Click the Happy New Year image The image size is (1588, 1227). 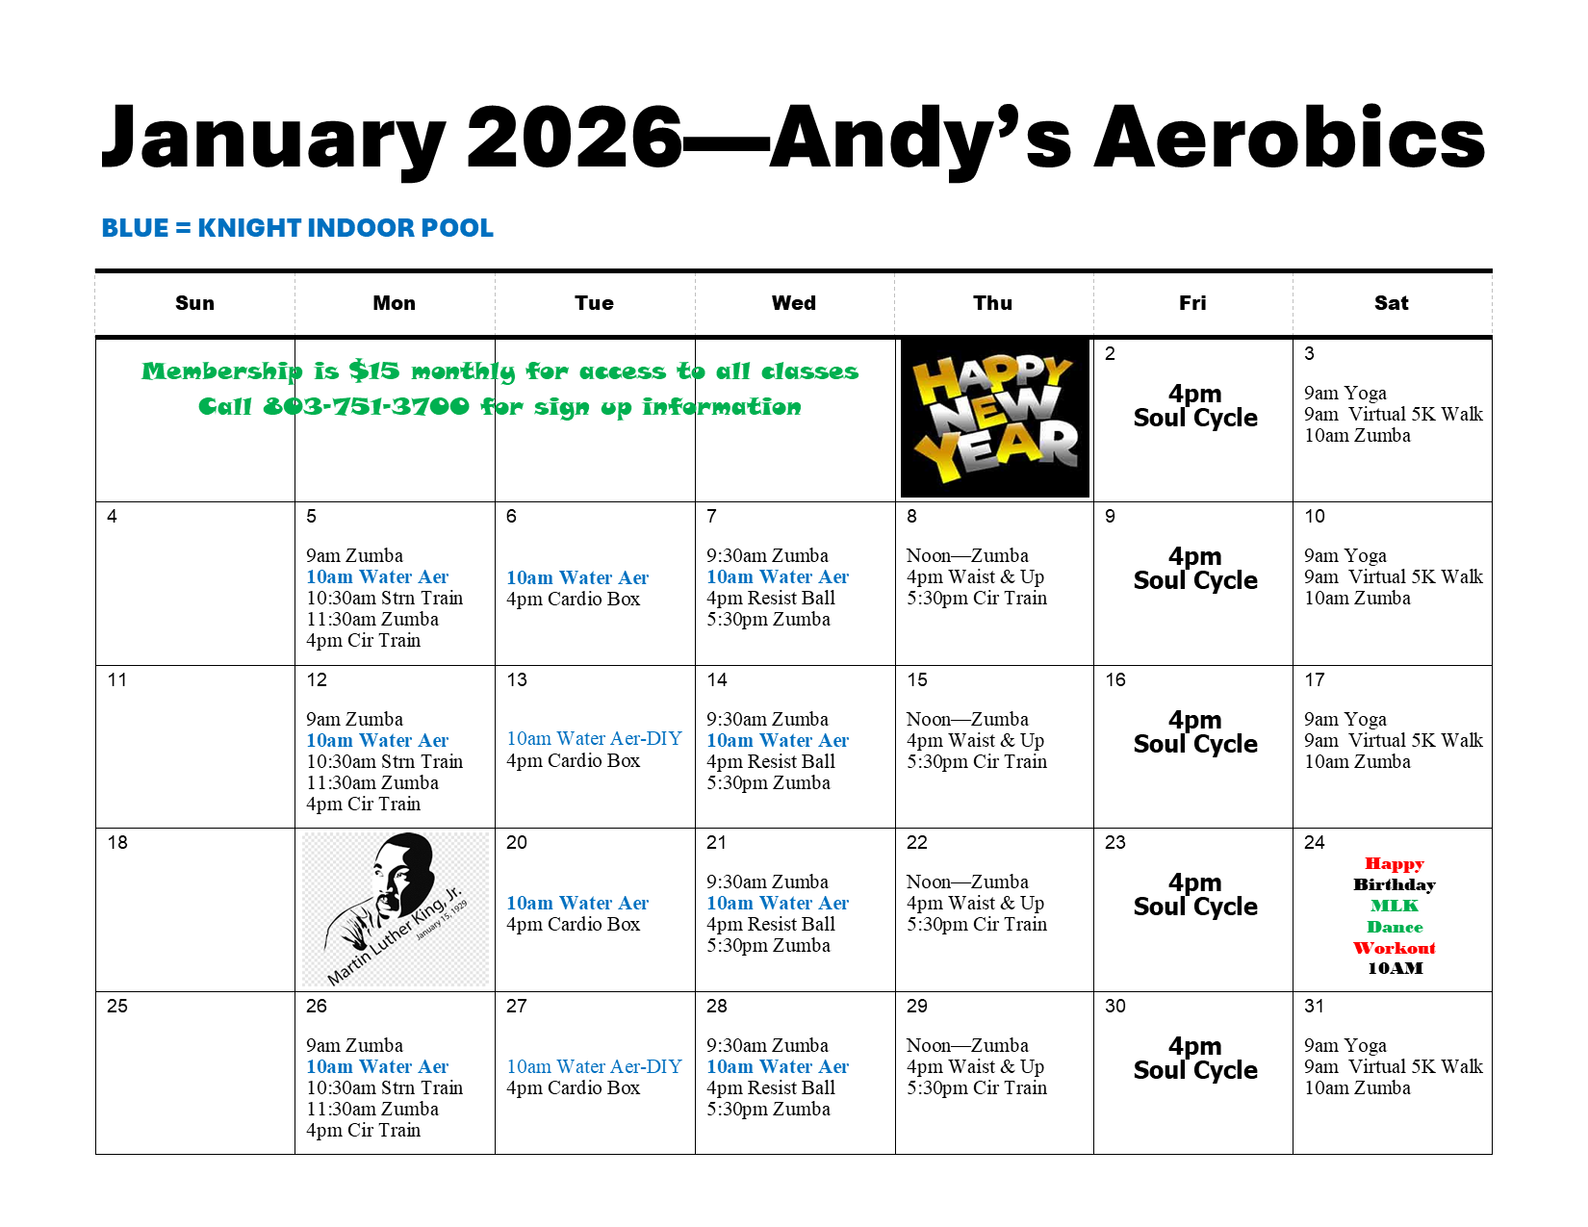pos(994,418)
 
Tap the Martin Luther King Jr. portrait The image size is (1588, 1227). pos(396,909)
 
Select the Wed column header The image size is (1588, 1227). pos(794,302)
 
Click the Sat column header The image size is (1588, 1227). pos(1391,302)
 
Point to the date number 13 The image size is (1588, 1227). pos(517,679)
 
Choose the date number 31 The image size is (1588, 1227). pos(1314,1006)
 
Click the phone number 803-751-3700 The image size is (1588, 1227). pos(366,406)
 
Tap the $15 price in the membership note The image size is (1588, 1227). pos(374,371)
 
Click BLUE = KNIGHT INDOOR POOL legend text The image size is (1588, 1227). pos(297,228)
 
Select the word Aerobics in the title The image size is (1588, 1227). pos(1289,137)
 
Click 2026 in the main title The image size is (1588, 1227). pos(575,137)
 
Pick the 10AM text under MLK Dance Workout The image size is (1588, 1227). pos(1396,968)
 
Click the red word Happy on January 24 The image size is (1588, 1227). pos(1395,864)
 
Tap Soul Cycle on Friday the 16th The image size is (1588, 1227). pos(1194,744)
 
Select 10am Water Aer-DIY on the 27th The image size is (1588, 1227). pos(594,1066)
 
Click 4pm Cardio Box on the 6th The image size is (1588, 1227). pos(573,599)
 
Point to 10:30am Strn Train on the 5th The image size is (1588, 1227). pos(384,598)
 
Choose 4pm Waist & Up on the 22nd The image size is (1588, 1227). pos(975,903)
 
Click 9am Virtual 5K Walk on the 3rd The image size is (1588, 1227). pos(1394,414)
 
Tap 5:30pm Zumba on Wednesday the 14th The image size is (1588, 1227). pos(768,782)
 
